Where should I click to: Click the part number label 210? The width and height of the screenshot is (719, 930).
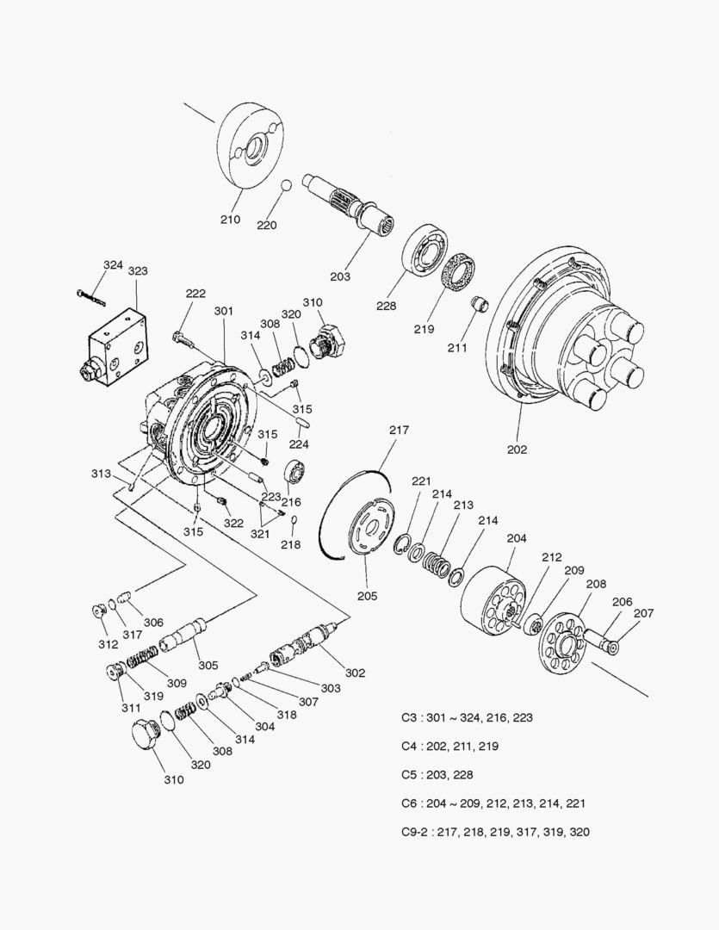(x=229, y=219)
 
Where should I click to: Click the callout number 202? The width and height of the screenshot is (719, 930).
(x=517, y=449)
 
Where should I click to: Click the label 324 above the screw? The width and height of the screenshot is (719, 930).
(x=113, y=265)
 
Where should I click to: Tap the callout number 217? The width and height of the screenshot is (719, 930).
(x=399, y=430)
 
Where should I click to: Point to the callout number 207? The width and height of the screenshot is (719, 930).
(x=643, y=613)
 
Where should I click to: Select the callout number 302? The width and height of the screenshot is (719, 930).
(x=355, y=673)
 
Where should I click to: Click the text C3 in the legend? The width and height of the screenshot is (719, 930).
(x=409, y=717)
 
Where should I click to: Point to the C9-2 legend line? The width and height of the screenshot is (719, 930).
(x=495, y=832)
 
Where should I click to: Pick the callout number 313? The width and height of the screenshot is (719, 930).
(x=101, y=474)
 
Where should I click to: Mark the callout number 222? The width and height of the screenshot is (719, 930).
(x=195, y=294)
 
